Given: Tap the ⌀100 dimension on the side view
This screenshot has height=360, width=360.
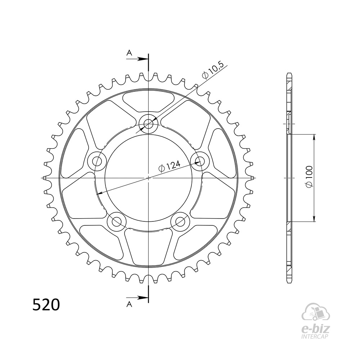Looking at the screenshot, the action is (x=309, y=176).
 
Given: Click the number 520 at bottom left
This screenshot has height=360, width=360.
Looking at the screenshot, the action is (x=46, y=305).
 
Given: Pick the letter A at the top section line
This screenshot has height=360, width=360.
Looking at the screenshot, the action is (x=130, y=53).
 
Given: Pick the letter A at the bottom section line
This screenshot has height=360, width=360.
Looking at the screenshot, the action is (x=130, y=304).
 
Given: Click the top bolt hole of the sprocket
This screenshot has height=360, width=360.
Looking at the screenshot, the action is (x=149, y=124).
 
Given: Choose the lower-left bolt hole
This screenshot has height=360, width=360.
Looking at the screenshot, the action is (x=117, y=221).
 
